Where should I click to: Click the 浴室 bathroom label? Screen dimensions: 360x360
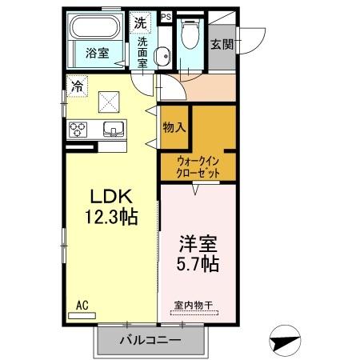click(98, 54)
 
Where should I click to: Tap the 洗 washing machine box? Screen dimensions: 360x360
click(141, 22)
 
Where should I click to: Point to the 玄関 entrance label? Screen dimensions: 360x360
click(223, 45)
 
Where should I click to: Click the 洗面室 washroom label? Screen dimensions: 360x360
click(142, 52)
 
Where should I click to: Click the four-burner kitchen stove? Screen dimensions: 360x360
click(81, 129)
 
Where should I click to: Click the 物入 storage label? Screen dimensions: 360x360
click(174, 127)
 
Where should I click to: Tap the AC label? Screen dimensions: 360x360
click(82, 305)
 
